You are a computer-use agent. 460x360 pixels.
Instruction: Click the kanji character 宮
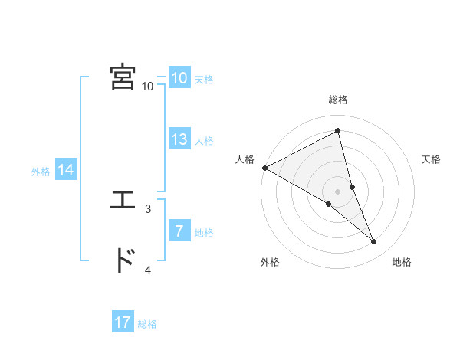coord(123,77)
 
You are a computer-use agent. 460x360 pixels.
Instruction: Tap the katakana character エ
coord(123,201)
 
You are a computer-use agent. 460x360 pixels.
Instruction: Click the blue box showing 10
coord(179,78)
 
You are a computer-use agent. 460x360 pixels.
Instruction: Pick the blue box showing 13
coord(179,139)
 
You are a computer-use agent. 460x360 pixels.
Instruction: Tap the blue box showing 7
coord(179,231)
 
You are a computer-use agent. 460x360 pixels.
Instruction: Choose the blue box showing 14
coord(66,171)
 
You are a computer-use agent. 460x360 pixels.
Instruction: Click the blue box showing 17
coord(123,322)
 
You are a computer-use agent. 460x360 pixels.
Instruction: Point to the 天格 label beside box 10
coord(204,80)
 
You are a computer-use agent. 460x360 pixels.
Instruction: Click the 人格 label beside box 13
coord(204,141)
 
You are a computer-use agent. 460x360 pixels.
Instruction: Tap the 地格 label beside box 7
coord(204,233)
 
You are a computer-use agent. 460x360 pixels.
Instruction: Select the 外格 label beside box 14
coord(41,172)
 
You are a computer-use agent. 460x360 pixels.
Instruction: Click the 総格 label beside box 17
coord(147,324)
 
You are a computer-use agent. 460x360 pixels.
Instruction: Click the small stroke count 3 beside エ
coord(148,208)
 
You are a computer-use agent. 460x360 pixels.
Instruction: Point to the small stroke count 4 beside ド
coord(148,270)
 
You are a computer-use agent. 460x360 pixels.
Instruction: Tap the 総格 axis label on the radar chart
coord(337,100)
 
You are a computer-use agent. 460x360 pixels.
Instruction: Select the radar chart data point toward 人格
coord(264,168)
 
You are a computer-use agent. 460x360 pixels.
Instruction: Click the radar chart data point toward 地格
coord(374,242)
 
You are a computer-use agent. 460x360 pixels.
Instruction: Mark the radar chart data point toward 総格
coord(337,132)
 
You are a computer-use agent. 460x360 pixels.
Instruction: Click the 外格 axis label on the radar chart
coord(270,263)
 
